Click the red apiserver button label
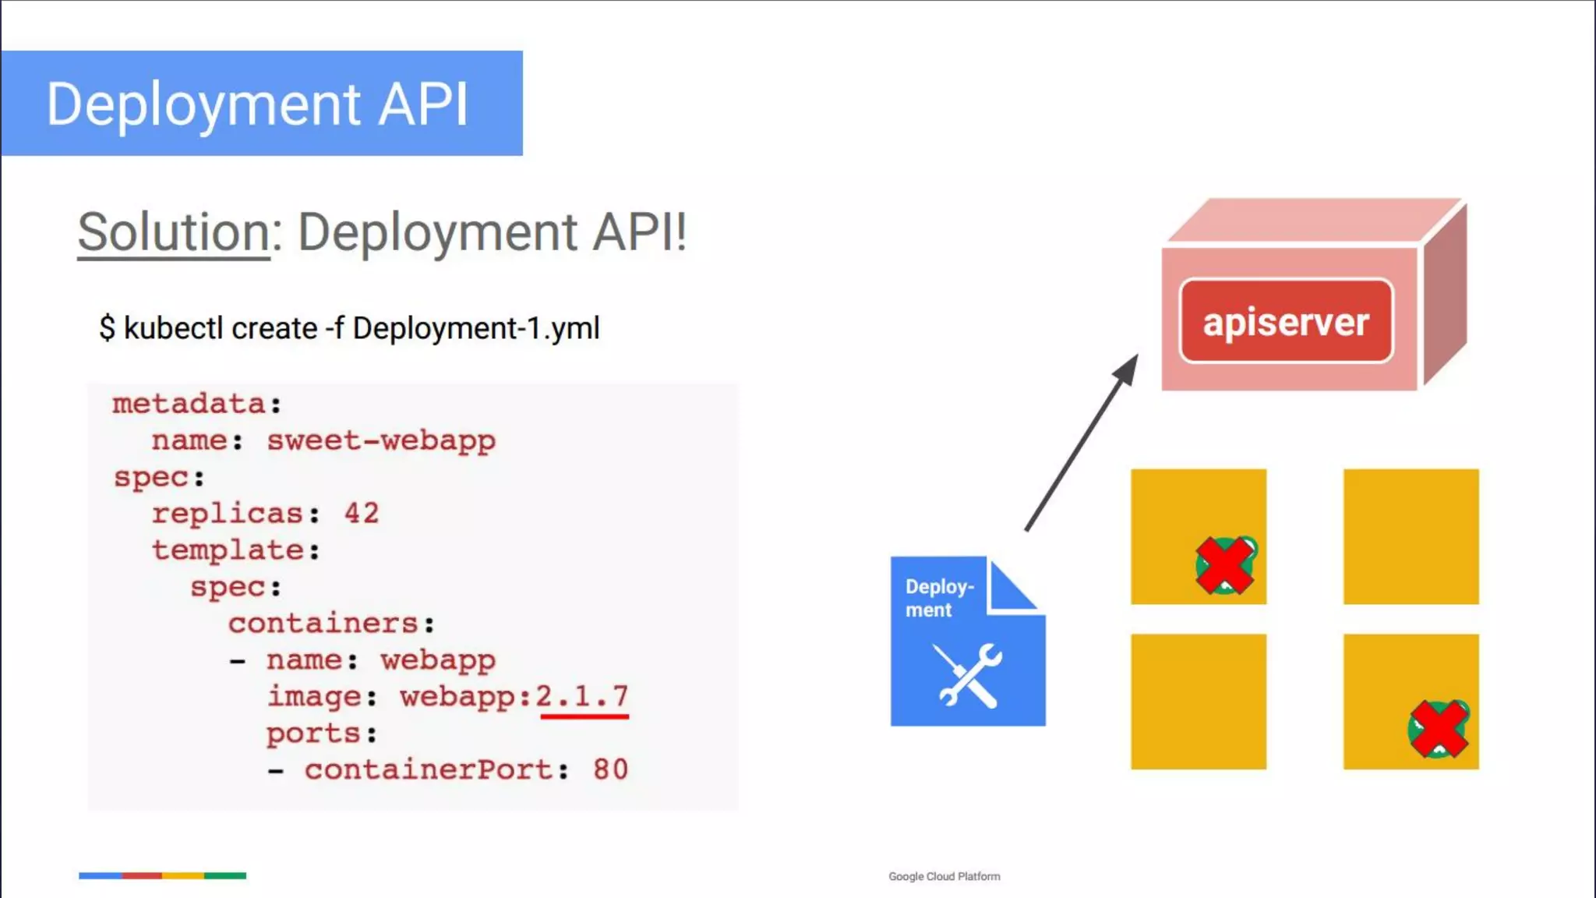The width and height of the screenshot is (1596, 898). point(1286,321)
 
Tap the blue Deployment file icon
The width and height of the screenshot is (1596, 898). point(966,641)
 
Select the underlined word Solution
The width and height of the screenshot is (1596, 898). point(174,232)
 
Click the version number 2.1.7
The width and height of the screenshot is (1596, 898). point(582,695)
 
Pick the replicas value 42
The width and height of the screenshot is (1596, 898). point(362,513)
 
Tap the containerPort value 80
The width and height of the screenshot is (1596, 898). point(610,769)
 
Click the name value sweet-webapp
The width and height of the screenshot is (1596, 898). point(381,440)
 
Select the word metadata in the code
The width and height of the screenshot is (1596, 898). point(189,404)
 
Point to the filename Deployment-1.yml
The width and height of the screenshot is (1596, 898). point(475,328)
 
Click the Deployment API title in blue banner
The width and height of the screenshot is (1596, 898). point(257,104)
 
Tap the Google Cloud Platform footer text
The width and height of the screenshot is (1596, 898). point(944,876)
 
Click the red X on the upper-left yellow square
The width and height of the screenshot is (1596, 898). point(1225,565)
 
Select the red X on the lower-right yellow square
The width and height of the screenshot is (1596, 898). point(1438,729)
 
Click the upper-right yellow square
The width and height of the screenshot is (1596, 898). point(1411,536)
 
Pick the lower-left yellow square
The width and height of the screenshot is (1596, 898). point(1198,702)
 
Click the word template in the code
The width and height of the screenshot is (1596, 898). point(228,550)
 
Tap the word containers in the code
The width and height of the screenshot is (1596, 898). point(323,623)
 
